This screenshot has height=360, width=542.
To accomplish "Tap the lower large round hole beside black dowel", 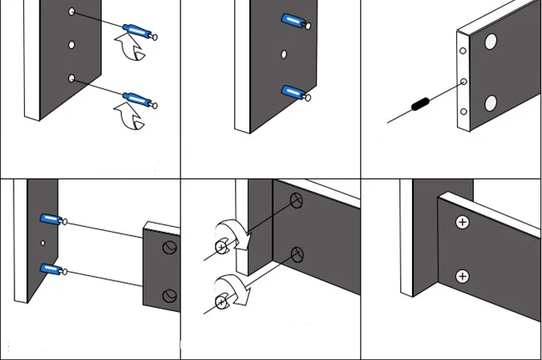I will click(491, 102).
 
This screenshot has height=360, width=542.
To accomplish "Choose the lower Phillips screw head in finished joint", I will click(462, 277).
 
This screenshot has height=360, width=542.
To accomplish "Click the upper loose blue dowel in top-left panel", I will click(137, 33).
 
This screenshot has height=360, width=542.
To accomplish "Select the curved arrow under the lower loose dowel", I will click(130, 116).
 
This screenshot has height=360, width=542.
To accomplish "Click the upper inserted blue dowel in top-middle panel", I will click(292, 21).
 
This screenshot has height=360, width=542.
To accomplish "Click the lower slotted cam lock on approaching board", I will click(168, 296).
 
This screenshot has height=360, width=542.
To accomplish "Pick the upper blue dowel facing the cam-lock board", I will click(51, 219).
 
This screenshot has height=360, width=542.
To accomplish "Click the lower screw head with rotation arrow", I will click(221, 302).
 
